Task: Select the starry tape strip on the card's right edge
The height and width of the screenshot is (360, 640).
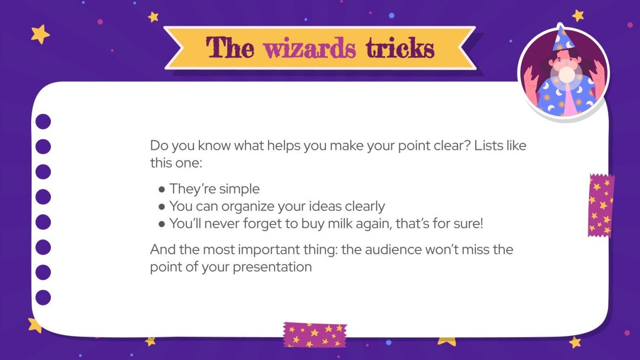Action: pyautogui.click(x=601, y=205)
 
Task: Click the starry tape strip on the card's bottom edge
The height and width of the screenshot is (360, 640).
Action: pyautogui.click(x=314, y=334)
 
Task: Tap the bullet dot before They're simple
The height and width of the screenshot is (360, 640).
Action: pyautogui.click(x=162, y=189)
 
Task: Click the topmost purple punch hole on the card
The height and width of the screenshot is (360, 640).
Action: pyautogui.click(x=43, y=122)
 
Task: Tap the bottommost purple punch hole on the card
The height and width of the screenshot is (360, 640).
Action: pyautogui.click(x=43, y=297)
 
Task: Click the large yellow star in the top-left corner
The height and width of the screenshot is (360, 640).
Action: pyautogui.click(x=40, y=34)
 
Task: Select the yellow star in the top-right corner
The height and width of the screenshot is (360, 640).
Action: pyautogui.click(x=578, y=15)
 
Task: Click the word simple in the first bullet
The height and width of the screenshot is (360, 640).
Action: pyautogui.click(x=238, y=189)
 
